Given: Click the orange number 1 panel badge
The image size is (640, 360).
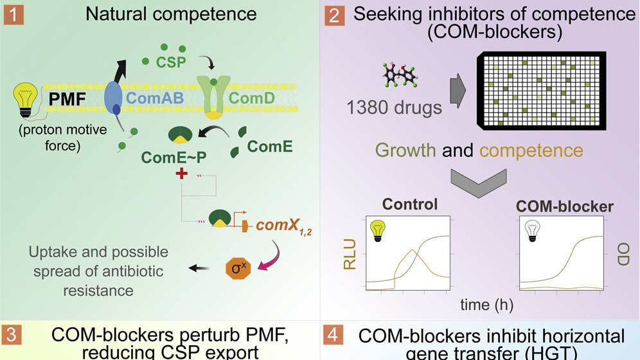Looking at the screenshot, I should point(12,13).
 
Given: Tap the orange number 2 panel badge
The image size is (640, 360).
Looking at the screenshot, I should point(333,14).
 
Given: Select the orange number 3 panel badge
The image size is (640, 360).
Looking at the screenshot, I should point(12,339).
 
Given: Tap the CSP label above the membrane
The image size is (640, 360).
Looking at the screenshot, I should point(170,63).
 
